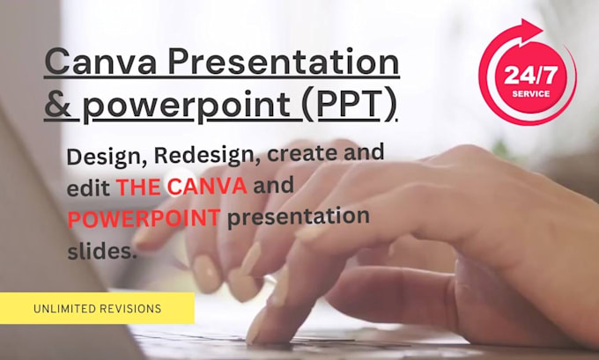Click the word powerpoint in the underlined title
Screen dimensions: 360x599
coord(183,106)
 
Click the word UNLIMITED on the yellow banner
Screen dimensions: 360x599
coord(66,309)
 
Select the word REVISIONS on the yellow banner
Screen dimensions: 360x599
coord(132,309)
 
